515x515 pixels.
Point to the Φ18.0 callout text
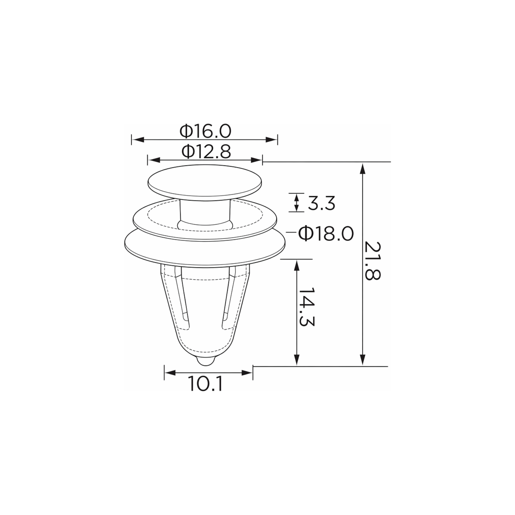point(326,234)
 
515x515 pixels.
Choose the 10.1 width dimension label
point(205,384)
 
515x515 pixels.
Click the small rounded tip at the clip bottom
point(206,362)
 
